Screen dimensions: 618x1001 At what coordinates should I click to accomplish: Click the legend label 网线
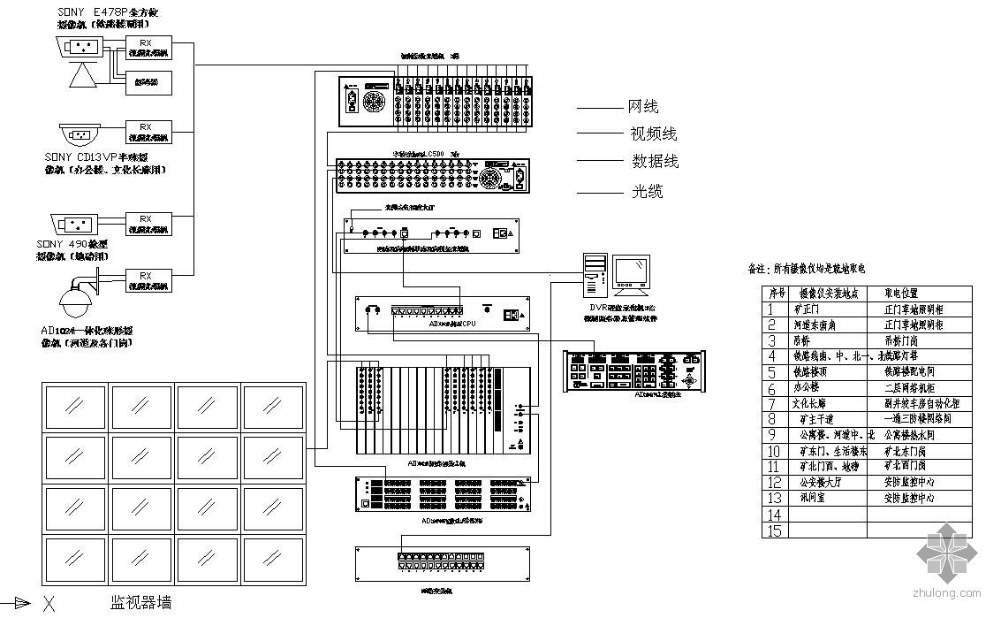tap(643, 107)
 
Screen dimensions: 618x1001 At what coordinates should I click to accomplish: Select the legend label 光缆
tap(647, 191)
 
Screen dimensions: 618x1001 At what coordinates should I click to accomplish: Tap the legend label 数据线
tap(655, 162)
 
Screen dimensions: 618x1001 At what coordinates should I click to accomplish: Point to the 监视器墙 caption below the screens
tap(140, 603)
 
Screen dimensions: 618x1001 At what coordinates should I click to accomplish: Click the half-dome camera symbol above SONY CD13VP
tap(80, 135)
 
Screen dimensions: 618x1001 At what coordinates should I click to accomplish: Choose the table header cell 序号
tap(776, 294)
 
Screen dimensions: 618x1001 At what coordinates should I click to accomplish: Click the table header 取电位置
tap(901, 294)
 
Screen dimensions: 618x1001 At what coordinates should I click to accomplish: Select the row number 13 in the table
tap(774, 499)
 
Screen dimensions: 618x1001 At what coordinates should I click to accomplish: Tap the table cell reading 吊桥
tap(803, 340)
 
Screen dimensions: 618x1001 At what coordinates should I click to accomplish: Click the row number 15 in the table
tap(774, 530)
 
